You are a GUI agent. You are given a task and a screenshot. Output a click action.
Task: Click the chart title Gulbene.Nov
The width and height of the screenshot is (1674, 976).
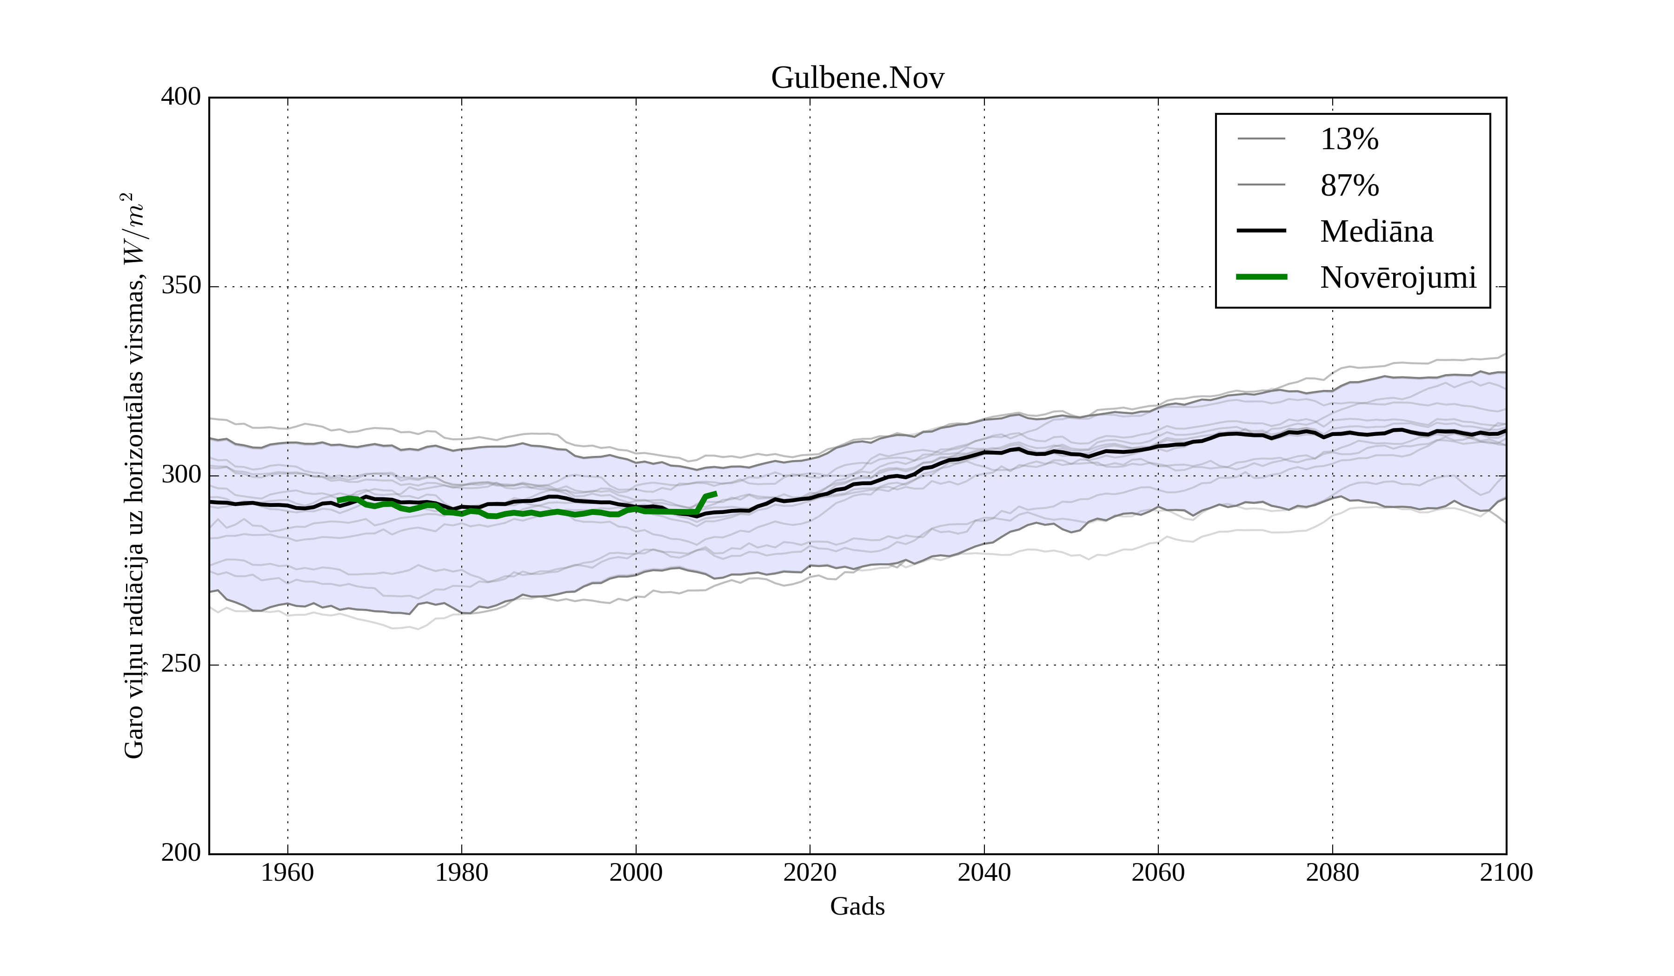pos(857,79)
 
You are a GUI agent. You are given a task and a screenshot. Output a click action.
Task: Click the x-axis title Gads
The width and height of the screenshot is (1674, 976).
pos(857,906)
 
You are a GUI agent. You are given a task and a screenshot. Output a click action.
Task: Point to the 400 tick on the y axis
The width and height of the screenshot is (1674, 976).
pos(181,97)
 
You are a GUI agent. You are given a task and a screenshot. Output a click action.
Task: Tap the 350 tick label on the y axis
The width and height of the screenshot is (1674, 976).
pos(181,286)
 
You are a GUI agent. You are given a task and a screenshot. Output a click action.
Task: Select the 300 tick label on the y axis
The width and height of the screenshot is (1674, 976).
pos(181,475)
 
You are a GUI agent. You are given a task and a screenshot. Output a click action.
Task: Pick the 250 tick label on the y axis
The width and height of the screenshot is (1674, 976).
pos(181,664)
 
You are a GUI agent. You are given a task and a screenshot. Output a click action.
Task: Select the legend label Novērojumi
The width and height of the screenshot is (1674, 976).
pos(1398,277)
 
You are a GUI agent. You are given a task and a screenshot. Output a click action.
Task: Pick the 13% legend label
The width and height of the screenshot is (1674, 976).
pos(1349,139)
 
